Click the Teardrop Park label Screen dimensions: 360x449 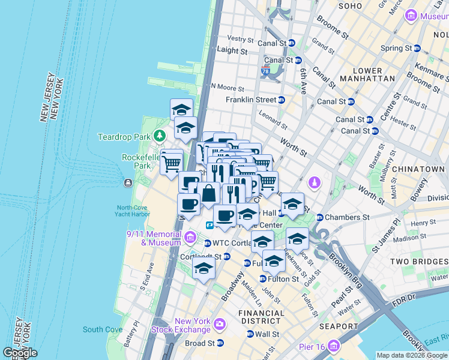[124, 137]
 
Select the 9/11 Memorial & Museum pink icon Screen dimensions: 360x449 [190, 238]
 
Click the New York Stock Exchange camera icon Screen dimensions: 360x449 [219, 325]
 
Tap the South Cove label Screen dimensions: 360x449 [103, 329]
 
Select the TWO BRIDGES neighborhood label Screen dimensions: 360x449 [418, 262]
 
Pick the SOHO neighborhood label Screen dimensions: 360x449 [351, 6]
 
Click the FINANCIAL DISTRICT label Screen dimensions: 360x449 [261, 317]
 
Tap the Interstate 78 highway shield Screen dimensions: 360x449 [265, 71]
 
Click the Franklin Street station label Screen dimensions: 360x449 [250, 100]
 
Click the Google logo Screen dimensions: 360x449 [20, 353]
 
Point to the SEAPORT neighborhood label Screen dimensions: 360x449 [339, 326]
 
